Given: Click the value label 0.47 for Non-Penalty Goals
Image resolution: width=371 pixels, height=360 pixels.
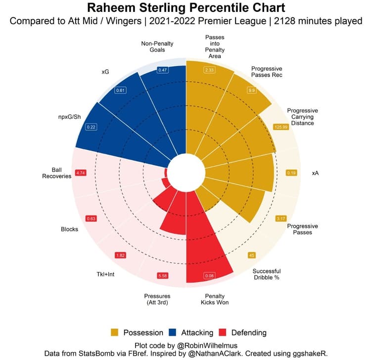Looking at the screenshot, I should [163, 70].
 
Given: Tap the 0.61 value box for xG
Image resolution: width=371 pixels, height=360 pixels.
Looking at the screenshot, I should [120, 91].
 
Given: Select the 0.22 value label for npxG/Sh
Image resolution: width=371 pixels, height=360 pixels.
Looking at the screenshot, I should [91, 127].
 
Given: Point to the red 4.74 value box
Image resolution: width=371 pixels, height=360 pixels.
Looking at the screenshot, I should [81, 173].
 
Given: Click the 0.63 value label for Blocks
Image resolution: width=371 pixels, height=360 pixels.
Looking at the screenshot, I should [91, 218].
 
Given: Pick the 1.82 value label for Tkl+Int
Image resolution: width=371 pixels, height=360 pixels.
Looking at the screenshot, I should [120, 255].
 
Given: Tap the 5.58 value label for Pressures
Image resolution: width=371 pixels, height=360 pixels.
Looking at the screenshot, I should [163, 275].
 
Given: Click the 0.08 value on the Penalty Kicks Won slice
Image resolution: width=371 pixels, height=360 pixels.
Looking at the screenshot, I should [209, 275].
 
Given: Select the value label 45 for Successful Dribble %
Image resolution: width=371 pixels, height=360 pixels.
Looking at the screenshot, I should [251, 255].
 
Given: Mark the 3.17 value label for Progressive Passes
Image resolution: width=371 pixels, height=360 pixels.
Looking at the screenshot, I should [281, 218].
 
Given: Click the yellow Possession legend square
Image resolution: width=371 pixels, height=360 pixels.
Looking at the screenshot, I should [115, 332].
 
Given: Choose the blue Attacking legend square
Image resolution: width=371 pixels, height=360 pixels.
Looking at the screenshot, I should [175, 332].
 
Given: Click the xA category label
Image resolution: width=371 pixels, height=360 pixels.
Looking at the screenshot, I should [316, 173].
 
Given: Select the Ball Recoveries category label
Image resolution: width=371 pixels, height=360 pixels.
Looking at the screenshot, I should [57, 173].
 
